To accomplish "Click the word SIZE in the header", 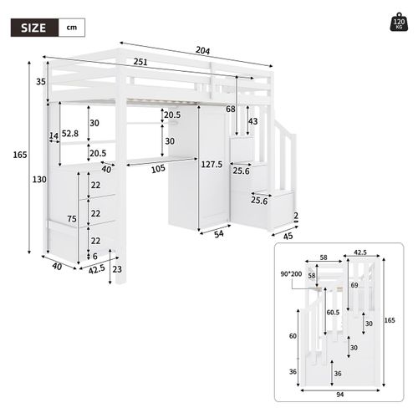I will [x=32, y=28].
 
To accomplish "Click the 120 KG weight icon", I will [x=397, y=23].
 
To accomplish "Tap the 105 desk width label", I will [x=160, y=168].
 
